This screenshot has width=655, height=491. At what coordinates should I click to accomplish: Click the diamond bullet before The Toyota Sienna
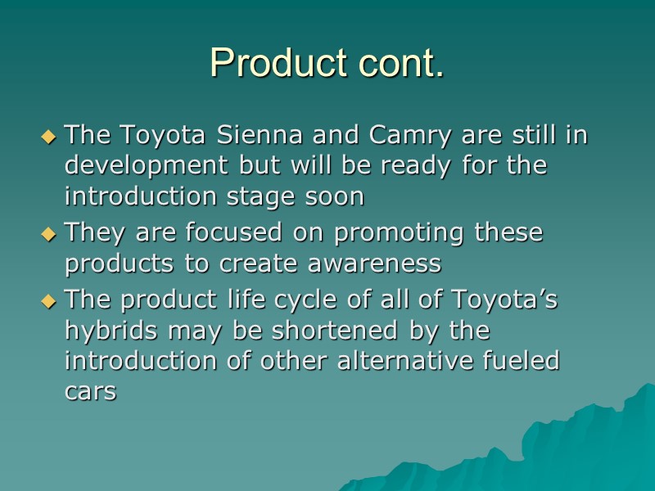50,135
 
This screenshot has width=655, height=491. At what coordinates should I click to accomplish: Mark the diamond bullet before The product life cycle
50,301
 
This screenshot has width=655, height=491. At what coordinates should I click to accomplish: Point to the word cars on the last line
90,393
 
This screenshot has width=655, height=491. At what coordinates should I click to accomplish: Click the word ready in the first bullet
431,166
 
